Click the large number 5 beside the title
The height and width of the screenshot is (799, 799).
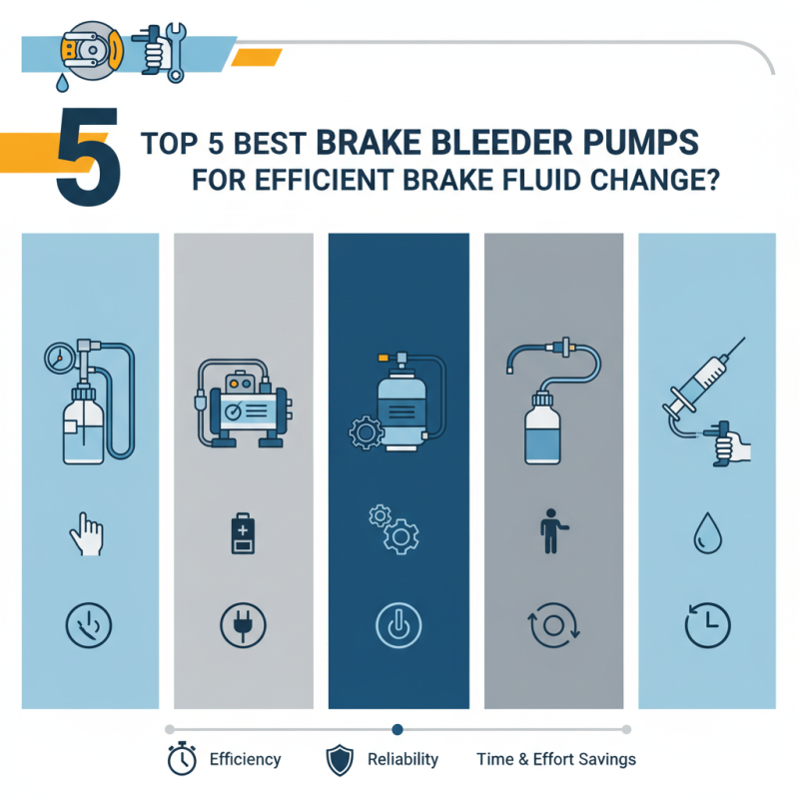[x=88, y=161]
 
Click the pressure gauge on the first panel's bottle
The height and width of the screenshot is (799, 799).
[x=58, y=357]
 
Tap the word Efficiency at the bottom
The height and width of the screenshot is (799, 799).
[x=245, y=759]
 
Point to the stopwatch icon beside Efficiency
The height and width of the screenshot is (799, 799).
[x=181, y=759]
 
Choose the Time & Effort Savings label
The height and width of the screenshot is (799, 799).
[x=556, y=759]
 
